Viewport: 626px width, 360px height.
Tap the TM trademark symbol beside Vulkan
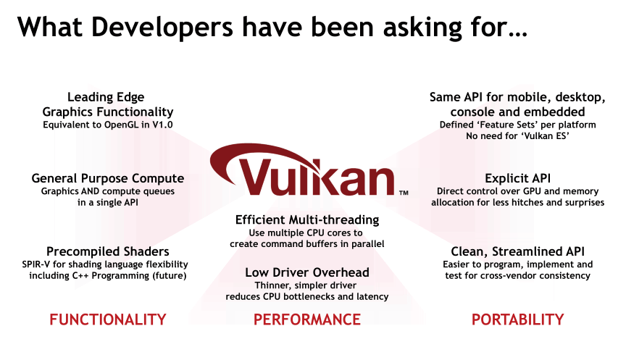[x=404, y=193]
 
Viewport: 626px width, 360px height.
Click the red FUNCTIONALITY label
[x=108, y=319]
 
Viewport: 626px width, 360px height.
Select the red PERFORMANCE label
[x=307, y=319]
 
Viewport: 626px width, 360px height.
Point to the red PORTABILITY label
[x=518, y=319]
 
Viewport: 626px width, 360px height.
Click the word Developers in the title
[x=162, y=27]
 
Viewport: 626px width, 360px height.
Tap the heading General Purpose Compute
[x=108, y=178]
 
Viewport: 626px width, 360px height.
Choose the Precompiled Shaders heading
[x=108, y=251]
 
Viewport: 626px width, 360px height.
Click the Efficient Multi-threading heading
[x=307, y=220]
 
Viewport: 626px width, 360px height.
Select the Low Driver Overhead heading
[x=307, y=272]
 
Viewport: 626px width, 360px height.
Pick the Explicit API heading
[x=518, y=178]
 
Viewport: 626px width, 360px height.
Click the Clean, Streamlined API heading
[x=518, y=251]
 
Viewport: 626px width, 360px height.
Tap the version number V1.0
[x=162, y=125]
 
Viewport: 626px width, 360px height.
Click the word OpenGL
[x=120, y=125]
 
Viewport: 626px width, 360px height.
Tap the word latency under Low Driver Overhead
[x=373, y=297]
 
